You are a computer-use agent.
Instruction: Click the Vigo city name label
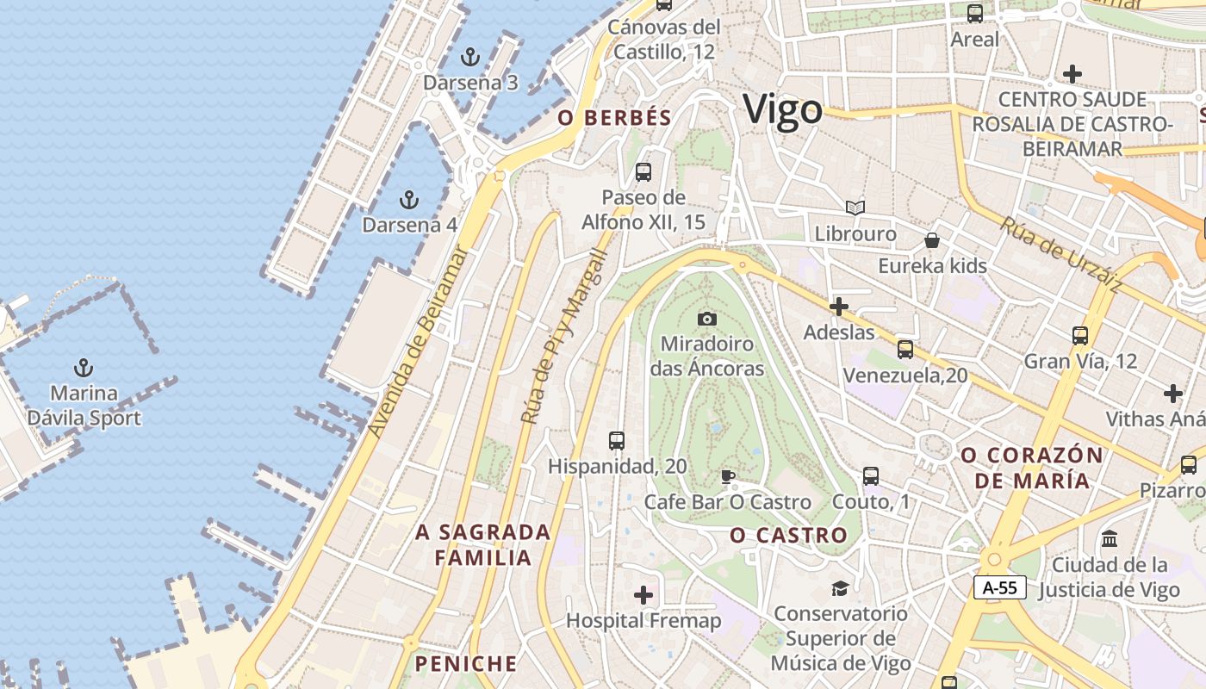point(782,110)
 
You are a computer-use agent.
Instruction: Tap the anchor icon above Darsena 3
point(469,58)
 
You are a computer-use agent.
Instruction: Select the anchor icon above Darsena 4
point(409,201)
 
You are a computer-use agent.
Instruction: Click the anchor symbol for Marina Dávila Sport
point(84,369)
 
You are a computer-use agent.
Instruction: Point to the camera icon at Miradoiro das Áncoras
point(707,320)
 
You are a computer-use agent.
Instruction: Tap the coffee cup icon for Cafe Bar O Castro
point(728,476)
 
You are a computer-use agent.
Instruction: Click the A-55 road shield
point(1000,587)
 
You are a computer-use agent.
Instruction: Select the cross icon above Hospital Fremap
point(643,595)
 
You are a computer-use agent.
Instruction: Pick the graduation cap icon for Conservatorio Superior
point(840,588)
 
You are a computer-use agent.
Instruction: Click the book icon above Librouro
point(855,208)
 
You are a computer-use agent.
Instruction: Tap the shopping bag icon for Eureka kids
point(932,240)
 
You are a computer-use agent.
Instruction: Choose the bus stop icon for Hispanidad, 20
point(617,441)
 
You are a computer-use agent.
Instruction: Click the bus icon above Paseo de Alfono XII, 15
point(643,172)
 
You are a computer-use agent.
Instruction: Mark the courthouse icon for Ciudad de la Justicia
point(1110,539)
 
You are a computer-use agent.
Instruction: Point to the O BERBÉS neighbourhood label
point(614,118)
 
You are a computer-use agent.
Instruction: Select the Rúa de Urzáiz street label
point(1061,255)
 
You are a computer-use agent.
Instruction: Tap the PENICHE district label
point(466,664)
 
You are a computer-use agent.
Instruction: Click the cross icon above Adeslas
point(838,307)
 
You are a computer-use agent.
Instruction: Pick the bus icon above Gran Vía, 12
point(1080,336)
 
